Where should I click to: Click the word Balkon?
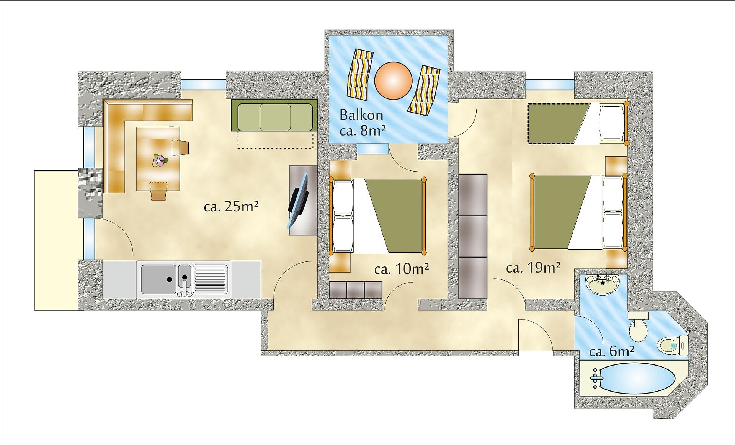tap(361, 115)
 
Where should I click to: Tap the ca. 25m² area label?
tap(231, 207)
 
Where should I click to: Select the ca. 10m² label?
tap(402, 269)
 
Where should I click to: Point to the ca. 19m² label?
tap(533, 268)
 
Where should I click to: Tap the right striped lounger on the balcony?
tap(423, 90)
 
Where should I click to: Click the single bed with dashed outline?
tap(577, 123)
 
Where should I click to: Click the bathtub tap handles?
tap(596, 378)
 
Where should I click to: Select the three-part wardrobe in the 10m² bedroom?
tap(356, 290)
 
